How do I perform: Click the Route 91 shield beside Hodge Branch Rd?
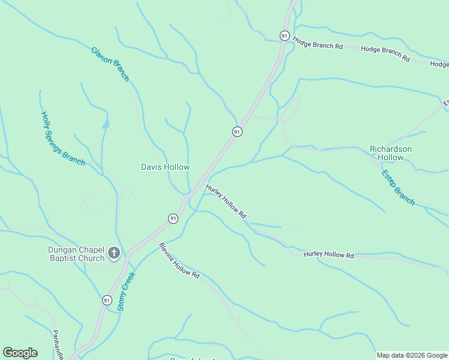click(x=285, y=36)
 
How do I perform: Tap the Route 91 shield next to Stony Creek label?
click(x=107, y=300)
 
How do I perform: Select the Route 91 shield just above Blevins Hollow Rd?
click(x=173, y=218)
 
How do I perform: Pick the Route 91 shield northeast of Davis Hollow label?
click(x=237, y=131)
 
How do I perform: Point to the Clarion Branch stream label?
click(x=110, y=64)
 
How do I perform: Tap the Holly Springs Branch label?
click(x=62, y=138)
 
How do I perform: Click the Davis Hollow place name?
click(x=165, y=167)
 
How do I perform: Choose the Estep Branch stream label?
click(x=398, y=187)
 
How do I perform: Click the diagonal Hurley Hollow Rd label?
click(x=226, y=201)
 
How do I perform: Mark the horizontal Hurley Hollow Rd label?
click(x=328, y=254)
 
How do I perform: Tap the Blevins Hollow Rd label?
click(x=179, y=260)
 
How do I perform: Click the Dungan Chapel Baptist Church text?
click(x=77, y=254)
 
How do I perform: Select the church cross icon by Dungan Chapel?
click(x=114, y=254)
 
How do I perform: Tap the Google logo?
click(x=20, y=352)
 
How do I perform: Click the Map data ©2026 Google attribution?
click(x=412, y=355)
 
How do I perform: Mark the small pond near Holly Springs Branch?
click(x=106, y=124)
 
